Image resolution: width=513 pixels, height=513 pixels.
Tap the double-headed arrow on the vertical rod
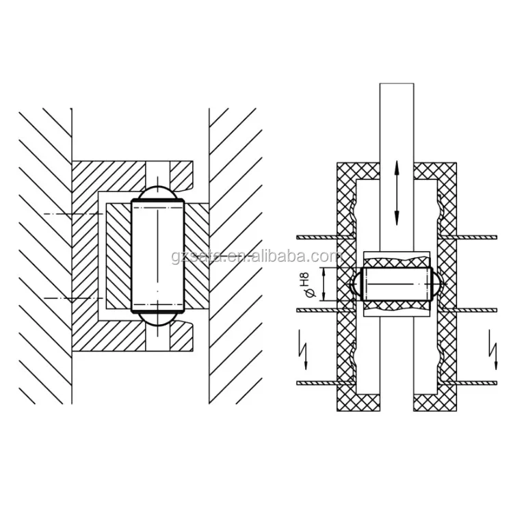coord(397,192)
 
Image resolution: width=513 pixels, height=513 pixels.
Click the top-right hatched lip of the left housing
coord(181,174)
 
